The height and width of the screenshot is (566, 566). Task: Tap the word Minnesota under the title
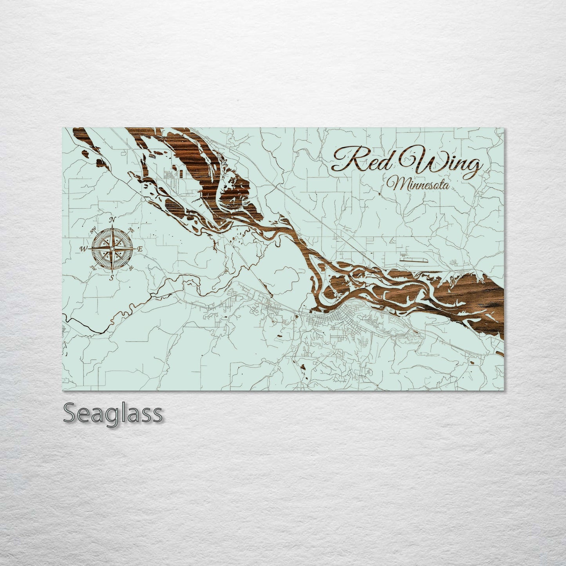coord(417,184)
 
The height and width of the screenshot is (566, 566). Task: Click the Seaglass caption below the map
coord(113,413)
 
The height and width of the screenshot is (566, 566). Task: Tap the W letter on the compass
coord(83,249)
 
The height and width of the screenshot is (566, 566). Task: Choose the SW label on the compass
coord(93,267)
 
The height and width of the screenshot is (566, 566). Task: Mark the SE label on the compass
coord(130,268)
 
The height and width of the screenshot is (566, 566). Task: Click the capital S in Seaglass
coord(70,413)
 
